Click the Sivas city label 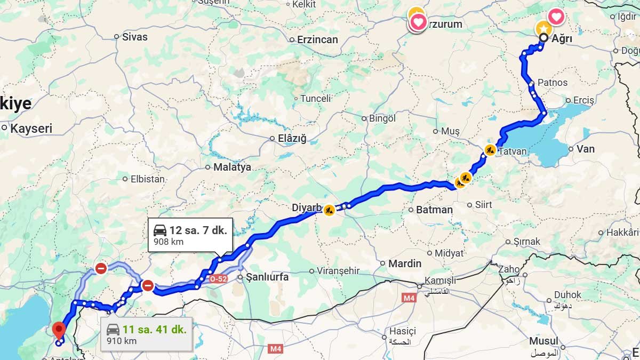[134, 37]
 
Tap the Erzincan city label [317, 39]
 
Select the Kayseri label [31, 129]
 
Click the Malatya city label [232, 167]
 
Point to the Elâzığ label [292, 138]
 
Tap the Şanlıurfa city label [267, 277]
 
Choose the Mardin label [404, 263]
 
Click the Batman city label [434, 210]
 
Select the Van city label [586, 149]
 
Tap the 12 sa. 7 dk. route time [198, 230]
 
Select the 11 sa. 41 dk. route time [154, 329]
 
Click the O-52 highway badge [219, 278]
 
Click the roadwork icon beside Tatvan [490, 150]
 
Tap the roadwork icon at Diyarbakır [329, 210]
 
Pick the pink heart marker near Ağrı [556, 17]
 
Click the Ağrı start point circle [543, 38]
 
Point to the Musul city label [543, 341]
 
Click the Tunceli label [315, 99]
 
